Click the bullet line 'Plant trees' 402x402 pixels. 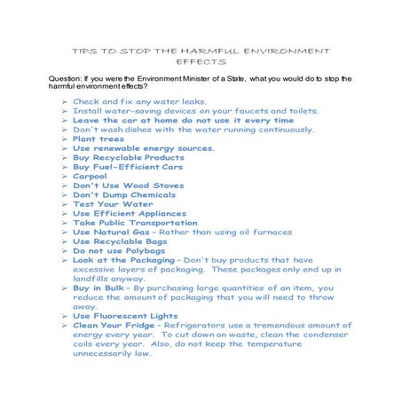click(x=97, y=139)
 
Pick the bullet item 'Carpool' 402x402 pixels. click(x=91, y=177)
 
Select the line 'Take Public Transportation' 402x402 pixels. click(x=135, y=223)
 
